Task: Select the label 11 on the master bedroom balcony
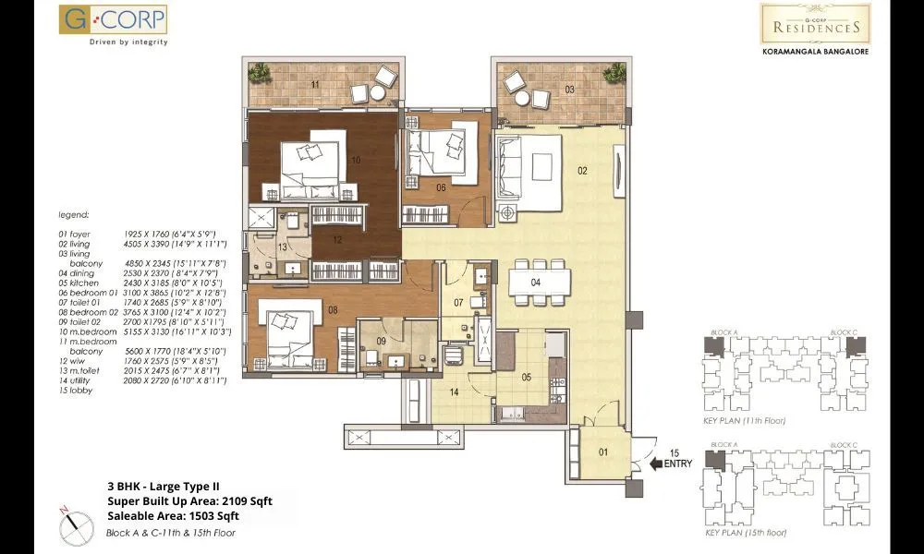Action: [316, 85]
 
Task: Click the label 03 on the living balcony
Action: [570, 90]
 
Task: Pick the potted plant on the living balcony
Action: [612, 72]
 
